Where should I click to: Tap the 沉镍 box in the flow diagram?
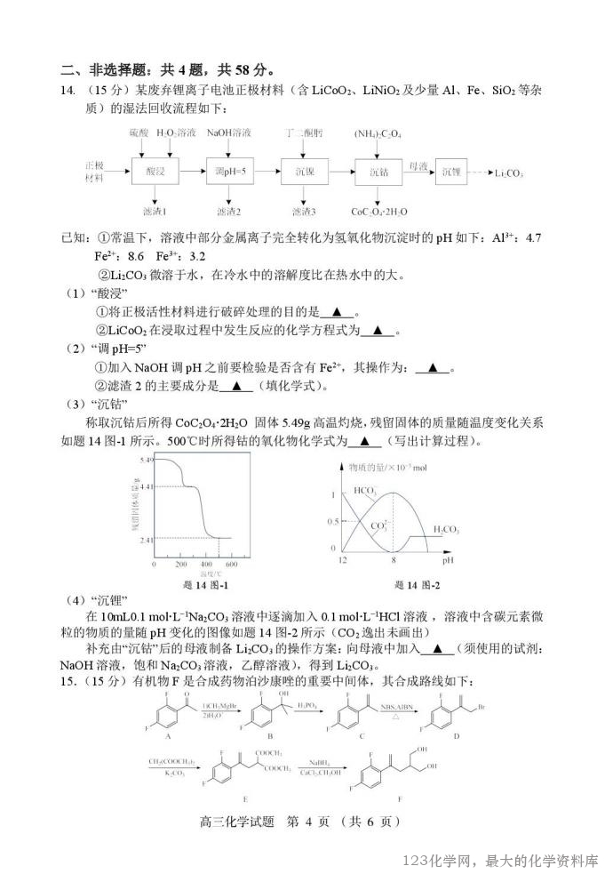click(x=304, y=171)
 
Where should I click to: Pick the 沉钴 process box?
click(x=378, y=171)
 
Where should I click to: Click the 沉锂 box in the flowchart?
click(x=452, y=171)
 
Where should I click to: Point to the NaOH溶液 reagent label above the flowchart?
click(x=229, y=133)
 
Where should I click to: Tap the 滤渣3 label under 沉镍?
click(x=304, y=212)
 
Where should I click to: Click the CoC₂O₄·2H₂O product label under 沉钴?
click(x=379, y=212)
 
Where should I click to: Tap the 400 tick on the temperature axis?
click(x=206, y=565)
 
